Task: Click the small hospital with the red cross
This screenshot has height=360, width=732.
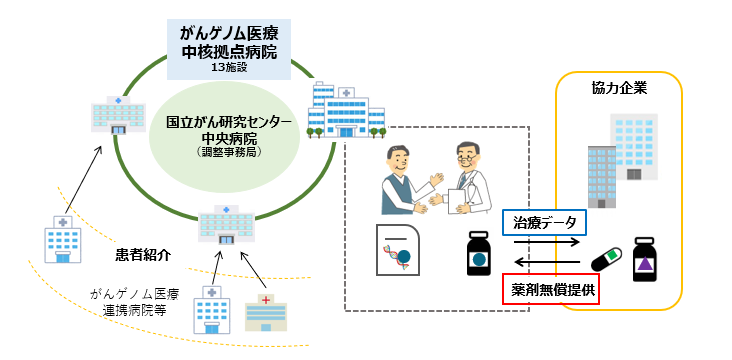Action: (x=265, y=312)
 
